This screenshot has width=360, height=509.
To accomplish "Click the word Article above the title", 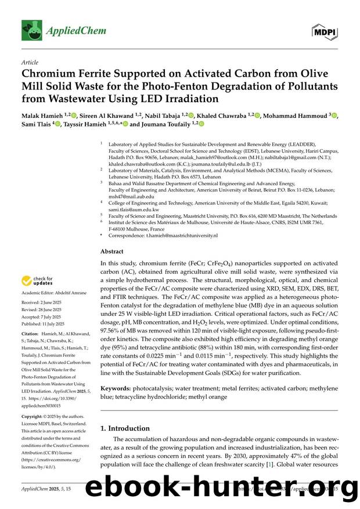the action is pyautogui.click(x=29, y=62).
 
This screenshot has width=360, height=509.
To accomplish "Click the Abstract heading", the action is pyautogui.click(x=112, y=251).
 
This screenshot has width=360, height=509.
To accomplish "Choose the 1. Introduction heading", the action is pyautogui.click(x=125, y=428).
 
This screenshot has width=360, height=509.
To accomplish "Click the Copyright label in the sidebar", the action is pyautogui.click(x=34, y=417).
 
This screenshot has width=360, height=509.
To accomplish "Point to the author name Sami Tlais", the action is pyautogui.click(x=35, y=124).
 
